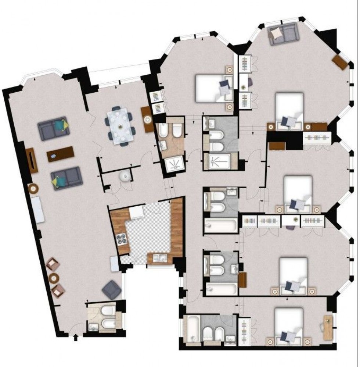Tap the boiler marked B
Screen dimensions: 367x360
(125, 177)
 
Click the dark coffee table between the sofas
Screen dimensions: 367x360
(61, 154)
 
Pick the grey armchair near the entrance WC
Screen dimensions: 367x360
(111, 289)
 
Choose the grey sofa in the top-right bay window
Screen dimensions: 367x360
(282, 33)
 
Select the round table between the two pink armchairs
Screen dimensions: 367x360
(54, 278)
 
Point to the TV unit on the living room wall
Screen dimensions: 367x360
(32, 160)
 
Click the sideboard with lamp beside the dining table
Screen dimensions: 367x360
(148, 119)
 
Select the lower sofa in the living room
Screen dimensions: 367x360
(66, 178)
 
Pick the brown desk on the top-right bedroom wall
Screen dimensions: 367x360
(340, 62)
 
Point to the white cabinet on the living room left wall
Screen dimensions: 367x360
(38, 210)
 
